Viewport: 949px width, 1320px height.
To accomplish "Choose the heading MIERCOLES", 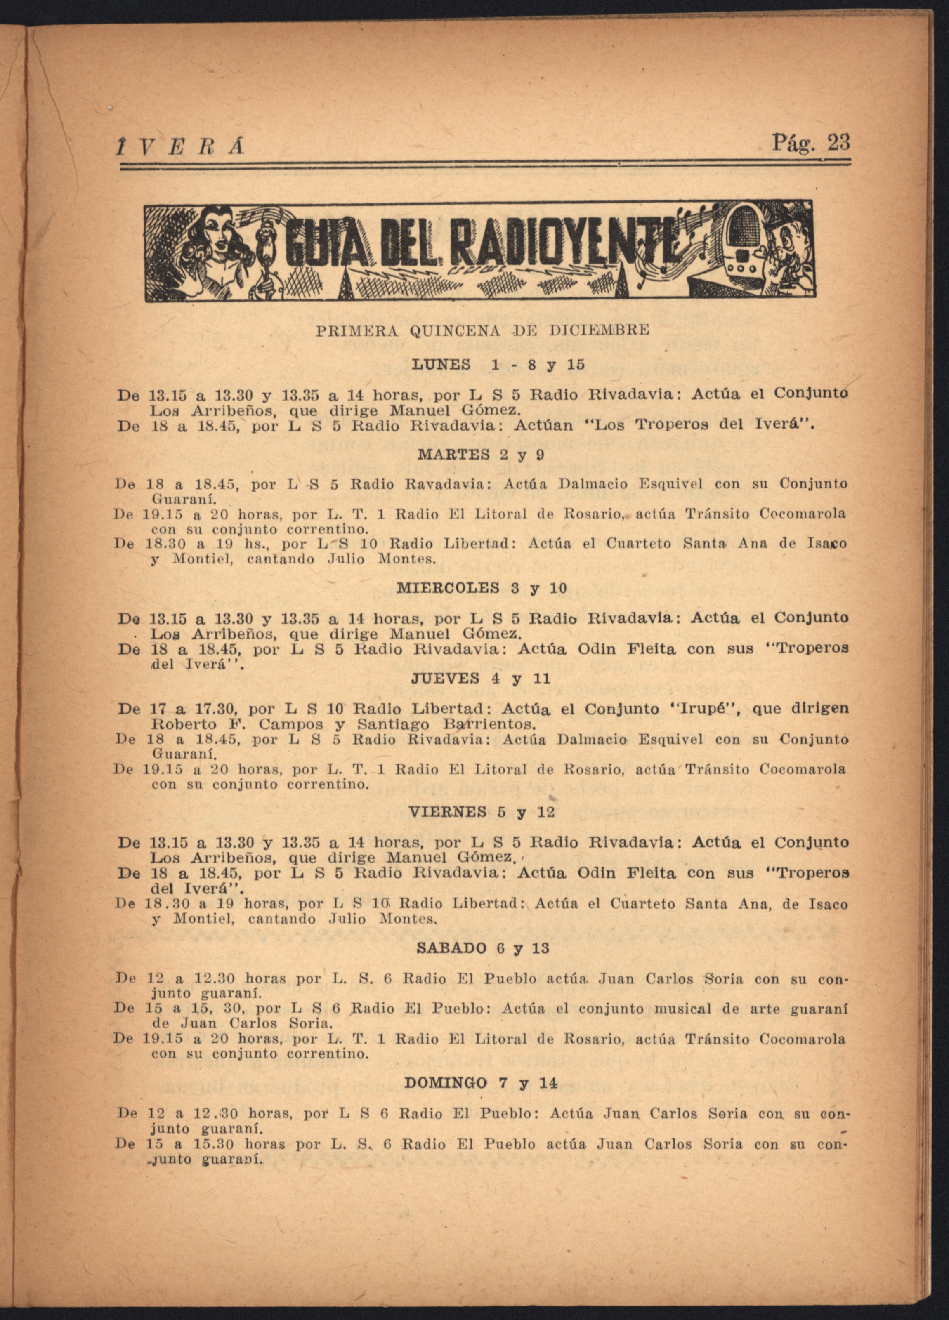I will click(x=447, y=588).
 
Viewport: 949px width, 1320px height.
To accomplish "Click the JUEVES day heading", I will click(x=446, y=679).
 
